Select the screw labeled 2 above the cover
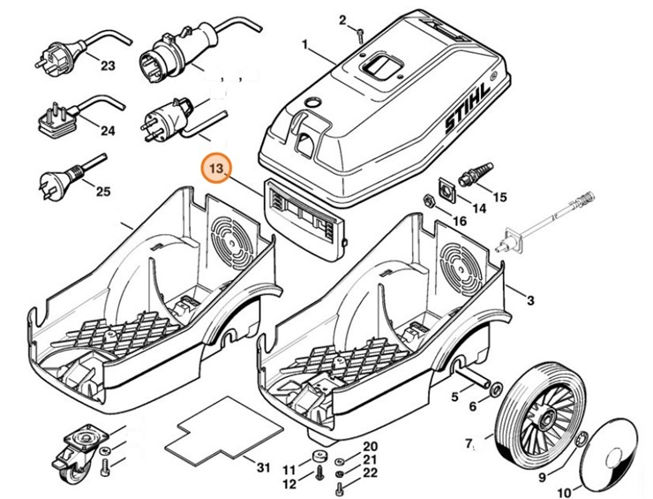[x=361, y=34]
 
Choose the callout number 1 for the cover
[x=304, y=45]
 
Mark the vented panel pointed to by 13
[x=305, y=215]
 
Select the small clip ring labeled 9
[x=580, y=441]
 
